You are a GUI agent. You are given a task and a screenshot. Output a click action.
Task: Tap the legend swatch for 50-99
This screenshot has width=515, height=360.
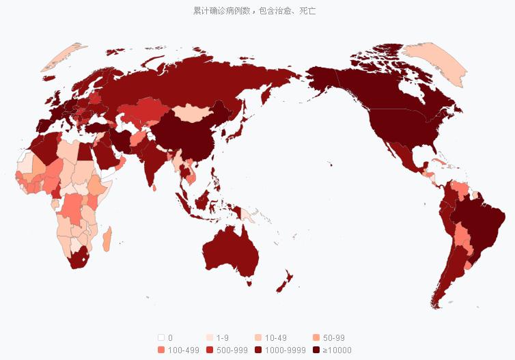(316, 337)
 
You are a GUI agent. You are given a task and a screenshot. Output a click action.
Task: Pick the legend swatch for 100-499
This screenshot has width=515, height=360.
(161, 350)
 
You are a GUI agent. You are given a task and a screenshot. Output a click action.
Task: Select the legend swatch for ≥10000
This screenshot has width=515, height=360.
(316, 350)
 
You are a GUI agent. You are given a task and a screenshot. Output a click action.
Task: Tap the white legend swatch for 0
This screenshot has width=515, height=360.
(161, 337)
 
